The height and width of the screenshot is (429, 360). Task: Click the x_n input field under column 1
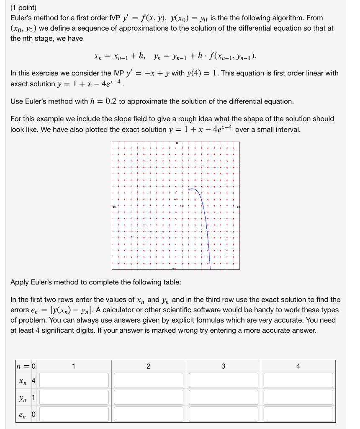point(74,380)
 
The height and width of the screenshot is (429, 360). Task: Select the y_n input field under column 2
point(149,397)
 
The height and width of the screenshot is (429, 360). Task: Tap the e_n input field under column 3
point(223,414)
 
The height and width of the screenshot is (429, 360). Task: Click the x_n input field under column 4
point(298,380)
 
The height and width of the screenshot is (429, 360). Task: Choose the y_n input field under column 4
point(298,397)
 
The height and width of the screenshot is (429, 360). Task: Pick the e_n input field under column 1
point(74,414)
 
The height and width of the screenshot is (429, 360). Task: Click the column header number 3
point(223,366)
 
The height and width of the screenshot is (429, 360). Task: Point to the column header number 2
point(149,366)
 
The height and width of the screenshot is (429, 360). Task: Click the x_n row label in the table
point(22,381)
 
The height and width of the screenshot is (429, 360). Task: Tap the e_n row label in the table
point(22,414)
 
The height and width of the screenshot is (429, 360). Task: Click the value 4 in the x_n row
point(33,381)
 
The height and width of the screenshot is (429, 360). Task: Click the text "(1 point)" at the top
point(24,8)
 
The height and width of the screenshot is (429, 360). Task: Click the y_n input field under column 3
point(223,397)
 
